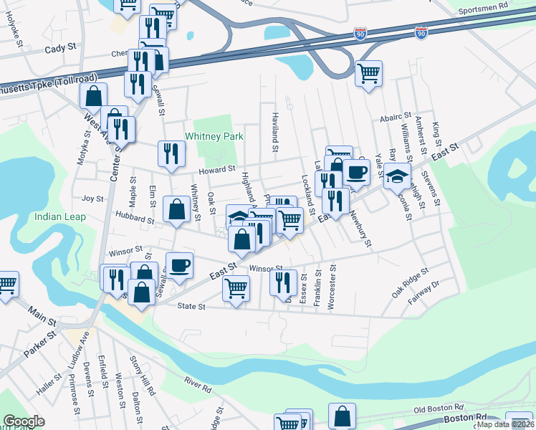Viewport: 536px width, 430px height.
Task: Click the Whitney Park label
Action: [214, 136]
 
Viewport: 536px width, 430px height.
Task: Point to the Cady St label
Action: [60, 48]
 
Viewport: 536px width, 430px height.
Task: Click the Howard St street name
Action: [216, 169]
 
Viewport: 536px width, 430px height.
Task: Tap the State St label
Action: [191, 307]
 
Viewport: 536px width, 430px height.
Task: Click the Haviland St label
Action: [274, 132]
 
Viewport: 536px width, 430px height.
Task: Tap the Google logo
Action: [23, 421]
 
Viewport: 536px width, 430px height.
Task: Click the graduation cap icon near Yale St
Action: [396, 175]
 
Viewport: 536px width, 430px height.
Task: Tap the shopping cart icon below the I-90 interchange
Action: [368, 72]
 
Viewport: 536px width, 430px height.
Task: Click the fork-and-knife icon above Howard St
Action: [172, 153]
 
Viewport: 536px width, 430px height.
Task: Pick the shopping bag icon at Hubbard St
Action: [176, 209]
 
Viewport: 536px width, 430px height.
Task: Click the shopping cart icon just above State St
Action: [236, 289]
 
